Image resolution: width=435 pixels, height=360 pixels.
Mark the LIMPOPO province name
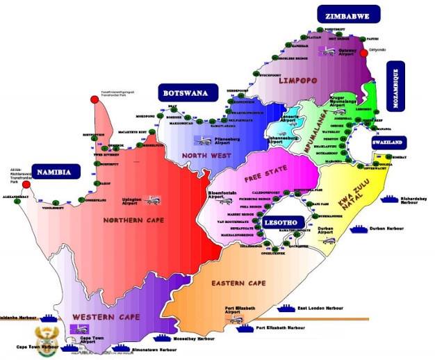[x=298, y=81]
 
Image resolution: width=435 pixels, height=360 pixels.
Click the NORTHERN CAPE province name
[x=132, y=221]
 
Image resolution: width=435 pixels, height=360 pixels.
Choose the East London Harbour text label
[x=321, y=308]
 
